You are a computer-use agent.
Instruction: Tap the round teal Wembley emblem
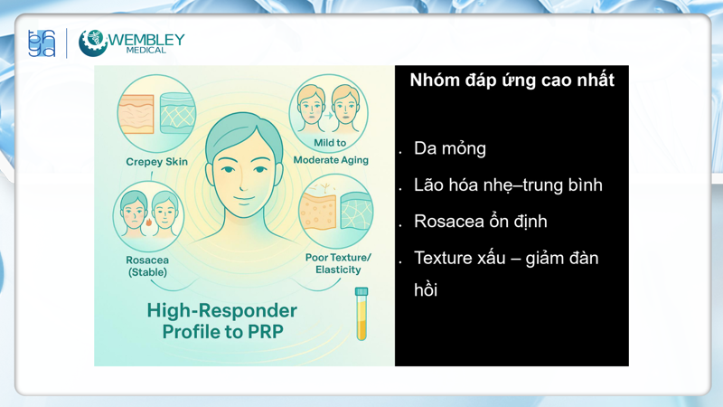click(93, 43)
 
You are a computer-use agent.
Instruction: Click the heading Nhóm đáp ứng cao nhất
click(512, 80)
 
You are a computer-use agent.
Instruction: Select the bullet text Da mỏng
click(450, 148)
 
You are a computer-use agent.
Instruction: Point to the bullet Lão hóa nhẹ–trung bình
click(508, 185)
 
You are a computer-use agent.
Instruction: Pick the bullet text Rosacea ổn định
click(480, 222)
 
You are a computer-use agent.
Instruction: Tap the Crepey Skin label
click(156, 162)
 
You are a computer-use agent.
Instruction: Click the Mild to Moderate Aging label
click(331, 151)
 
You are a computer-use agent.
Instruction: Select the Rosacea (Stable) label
click(147, 265)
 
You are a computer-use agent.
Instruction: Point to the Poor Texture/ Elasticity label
click(338, 263)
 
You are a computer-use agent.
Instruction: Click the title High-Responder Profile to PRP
click(222, 321)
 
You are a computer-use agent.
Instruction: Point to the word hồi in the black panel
click(426, 291)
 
